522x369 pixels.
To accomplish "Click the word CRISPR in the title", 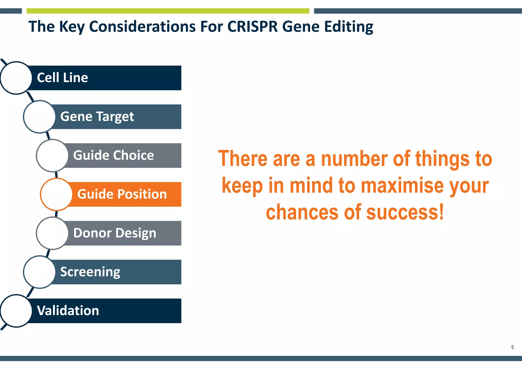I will click(252, 27).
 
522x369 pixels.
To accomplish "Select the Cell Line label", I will click(62, 78).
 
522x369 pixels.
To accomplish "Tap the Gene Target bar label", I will click(97, 117).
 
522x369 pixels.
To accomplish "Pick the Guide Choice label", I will click(113, 155).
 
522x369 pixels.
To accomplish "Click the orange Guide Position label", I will click(122, 194).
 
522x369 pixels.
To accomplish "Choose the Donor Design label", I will click(115, 233).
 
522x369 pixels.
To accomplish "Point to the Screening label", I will click(90, 272).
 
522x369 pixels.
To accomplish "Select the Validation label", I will click(68, 311).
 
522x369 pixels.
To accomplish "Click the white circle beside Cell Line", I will click(16, 78).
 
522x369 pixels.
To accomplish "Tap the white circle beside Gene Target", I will click(39, 117).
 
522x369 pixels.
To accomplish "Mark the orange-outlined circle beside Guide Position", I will click(56, 194).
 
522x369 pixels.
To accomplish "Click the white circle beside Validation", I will click(16, 311).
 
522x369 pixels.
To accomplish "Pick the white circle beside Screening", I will click(39, 272).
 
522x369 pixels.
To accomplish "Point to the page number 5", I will click(512, 347).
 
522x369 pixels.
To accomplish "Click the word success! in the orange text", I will click(405, 212).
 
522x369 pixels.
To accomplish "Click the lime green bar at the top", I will click(168, 11).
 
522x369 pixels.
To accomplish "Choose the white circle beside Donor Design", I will click(52, 233).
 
